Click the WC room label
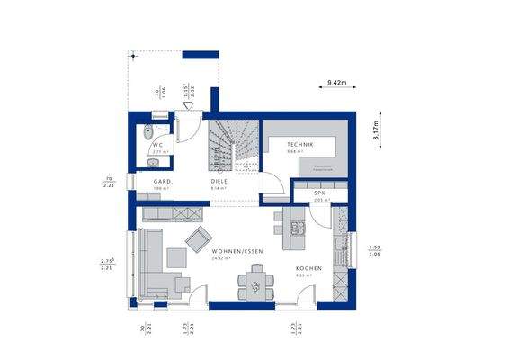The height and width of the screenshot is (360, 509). tap(156, 144)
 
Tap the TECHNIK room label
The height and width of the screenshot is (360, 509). tap(300, 144)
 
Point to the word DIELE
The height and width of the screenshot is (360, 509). tap(219, 181)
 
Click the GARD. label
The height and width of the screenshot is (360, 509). tap(162, 181)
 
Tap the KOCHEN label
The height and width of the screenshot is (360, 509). tap(308, 269)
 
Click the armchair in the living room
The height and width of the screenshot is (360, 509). tap(195, 238)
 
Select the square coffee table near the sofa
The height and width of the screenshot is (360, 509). tap(175, 258)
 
